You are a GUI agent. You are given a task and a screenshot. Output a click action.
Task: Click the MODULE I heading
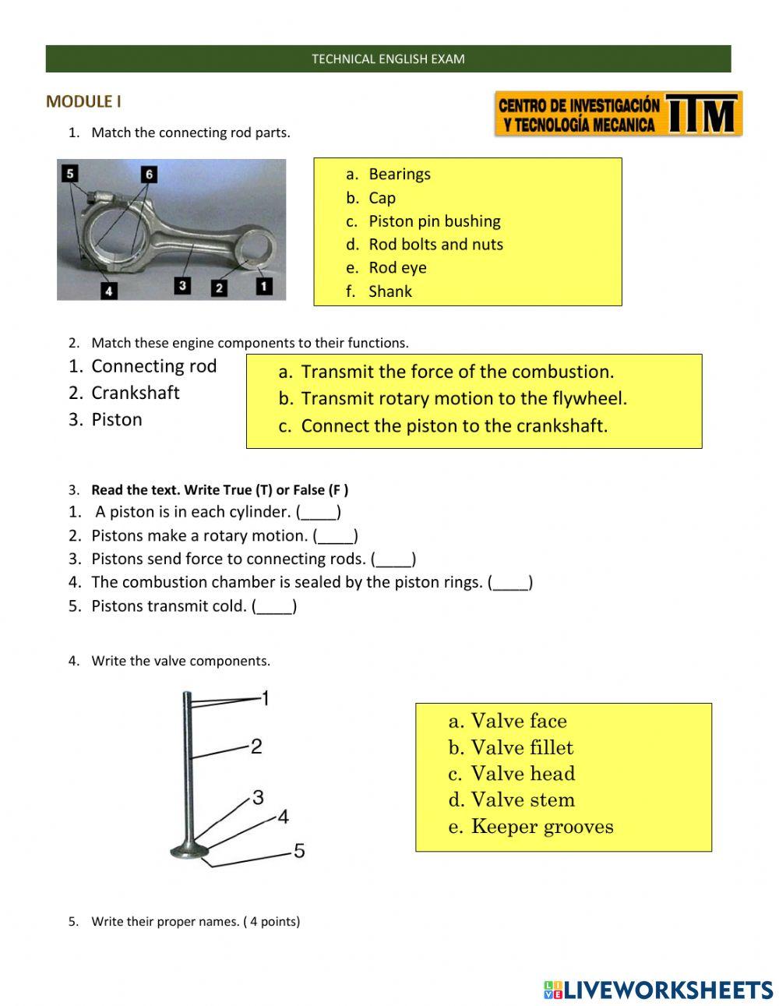click(x=83, y=101)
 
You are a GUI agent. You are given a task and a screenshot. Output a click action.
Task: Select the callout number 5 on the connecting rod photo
click(x=70, y=173)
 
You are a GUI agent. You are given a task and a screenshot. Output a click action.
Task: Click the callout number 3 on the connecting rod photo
click(x=182, y=285)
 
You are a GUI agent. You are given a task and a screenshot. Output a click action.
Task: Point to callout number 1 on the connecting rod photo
click(x=264, y=286)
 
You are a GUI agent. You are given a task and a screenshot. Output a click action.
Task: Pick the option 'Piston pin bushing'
click(x=434, y=221)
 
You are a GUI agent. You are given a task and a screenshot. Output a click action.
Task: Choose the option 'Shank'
click(x=389, y=291)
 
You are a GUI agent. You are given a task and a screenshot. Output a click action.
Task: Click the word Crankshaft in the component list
click(x=135, y=393)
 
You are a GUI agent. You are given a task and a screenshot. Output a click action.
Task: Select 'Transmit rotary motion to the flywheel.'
click(x=464, y=399)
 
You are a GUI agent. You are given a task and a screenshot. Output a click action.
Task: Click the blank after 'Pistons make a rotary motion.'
click(x=335, y=536)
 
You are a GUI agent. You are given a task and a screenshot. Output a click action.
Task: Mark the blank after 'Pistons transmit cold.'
click(x=274, y=606)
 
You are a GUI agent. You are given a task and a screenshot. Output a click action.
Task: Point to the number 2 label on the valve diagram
click(x=256, y=747)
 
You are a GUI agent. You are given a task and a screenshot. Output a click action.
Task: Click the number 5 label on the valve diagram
click(x=299, y=851)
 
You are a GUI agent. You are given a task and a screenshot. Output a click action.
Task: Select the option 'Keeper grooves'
click(x=541, y=827)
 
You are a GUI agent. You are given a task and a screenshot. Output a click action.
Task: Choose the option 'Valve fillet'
click(x=521, y=748)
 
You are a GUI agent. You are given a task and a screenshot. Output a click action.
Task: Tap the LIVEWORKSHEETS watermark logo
click(x=658, y=990)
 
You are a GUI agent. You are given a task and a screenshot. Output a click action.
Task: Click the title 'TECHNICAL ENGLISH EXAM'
click(x=388, y=59)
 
